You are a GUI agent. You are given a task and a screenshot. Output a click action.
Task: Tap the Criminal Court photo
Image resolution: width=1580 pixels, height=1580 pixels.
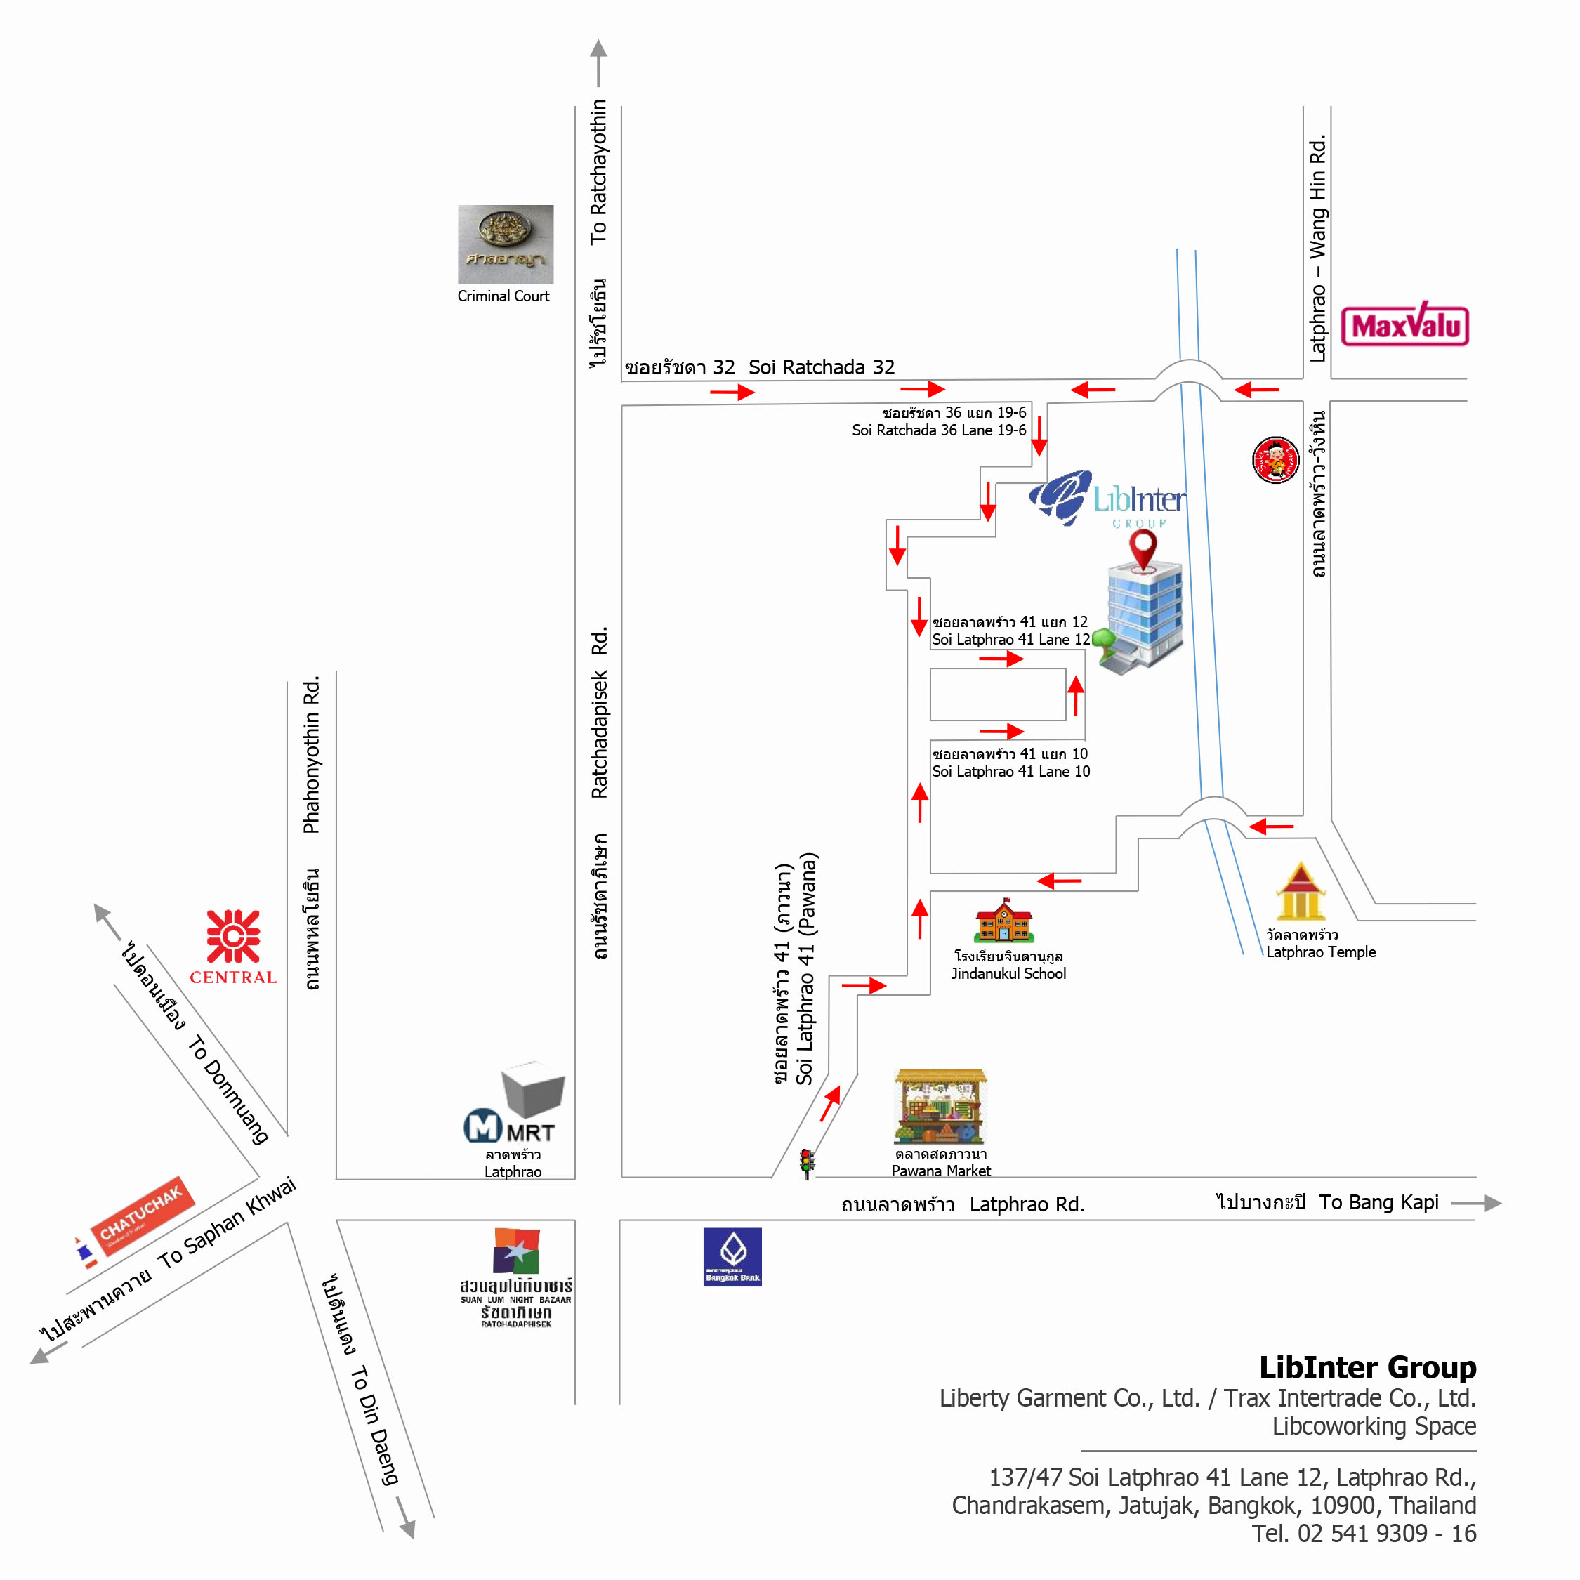click(505, 244)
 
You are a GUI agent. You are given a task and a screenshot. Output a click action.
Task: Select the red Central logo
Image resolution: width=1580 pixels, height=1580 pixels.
click(233, 937)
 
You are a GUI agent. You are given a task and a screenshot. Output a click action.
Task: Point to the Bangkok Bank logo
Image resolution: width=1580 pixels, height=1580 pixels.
click(732, 1256)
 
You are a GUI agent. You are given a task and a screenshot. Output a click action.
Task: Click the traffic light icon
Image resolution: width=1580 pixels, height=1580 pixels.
click(806, 1163)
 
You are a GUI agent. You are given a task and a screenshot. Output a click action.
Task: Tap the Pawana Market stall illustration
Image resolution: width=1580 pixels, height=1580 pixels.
click(940, 1106)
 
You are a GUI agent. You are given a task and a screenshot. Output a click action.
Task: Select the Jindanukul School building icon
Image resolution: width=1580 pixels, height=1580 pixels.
click(1004, 921)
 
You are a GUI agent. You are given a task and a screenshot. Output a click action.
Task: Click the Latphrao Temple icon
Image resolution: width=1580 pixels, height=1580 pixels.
click(1301, 893)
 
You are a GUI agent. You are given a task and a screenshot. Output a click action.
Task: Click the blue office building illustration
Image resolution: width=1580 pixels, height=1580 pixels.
click(1143, 617)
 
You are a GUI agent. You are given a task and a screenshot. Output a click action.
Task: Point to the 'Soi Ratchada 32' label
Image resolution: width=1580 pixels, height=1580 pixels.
click(821, 367)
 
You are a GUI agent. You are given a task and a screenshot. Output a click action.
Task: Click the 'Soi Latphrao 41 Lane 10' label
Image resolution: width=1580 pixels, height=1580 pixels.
click(1010, 771)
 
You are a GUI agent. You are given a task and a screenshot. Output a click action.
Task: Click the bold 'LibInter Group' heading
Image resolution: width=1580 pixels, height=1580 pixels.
click(1367, 1367)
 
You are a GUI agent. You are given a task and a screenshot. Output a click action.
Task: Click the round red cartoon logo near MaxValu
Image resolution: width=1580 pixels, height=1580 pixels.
click(1275, 461)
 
